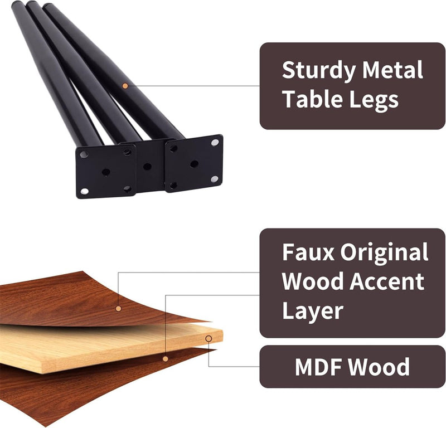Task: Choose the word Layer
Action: pyautogui.click(x=312, y=310)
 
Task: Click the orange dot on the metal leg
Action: pyautogui.click(x=125, y=86)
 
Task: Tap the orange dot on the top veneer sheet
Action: pyautogui.click(x=118, y=308)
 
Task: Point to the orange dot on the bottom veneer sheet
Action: pyautogui.click(x=165, y=358)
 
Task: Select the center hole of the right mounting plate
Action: pyautogui.click(x=194, y=164)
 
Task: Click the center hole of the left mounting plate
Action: pyautogui.click(x=106, y=172)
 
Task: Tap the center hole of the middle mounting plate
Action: pyautogui.click(x=147, y=166)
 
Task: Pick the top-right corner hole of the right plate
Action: pyautogui.click(x=215, y=143)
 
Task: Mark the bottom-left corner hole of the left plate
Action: pyautogui.click(x=84, y=191)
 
